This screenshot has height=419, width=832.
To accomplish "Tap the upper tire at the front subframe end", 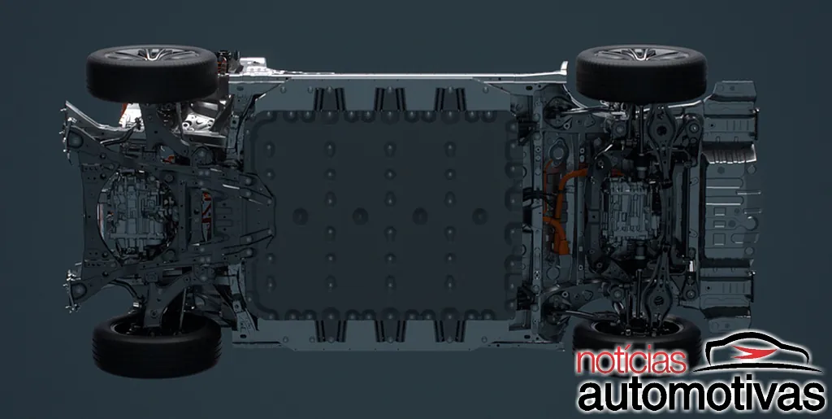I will point(152,74).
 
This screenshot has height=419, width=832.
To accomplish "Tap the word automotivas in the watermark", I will point(700,396).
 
